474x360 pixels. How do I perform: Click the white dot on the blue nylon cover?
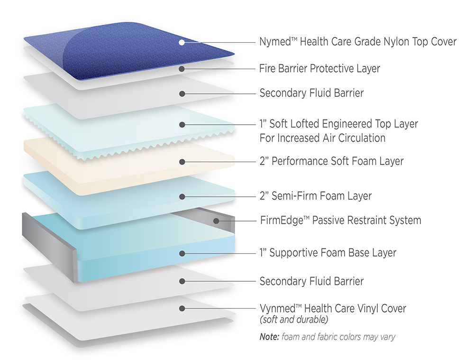[182, 42]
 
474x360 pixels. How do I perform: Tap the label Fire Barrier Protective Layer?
[319, 68]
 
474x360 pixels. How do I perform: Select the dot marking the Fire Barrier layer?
[182, 69]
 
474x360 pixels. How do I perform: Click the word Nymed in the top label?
[275, 41]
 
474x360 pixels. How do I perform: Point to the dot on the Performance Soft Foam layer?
[182, 162]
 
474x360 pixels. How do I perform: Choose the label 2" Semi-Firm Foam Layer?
[316, 196]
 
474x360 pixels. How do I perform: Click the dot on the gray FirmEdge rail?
[216, 221]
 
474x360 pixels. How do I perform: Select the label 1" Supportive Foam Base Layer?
[328, 253]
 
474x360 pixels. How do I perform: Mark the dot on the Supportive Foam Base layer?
[182, 253]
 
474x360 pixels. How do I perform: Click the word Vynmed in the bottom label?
[277, 308]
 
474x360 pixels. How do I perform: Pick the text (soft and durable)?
[294, 320]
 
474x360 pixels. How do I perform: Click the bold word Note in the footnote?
[269, 337]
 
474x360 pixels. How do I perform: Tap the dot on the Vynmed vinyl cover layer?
[182, 309]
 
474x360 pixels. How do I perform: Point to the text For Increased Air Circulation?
[322, 138]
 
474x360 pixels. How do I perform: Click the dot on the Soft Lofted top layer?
[182, 125]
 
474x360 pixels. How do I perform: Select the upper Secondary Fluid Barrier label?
[312, 93]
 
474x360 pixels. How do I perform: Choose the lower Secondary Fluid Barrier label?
[312, 281]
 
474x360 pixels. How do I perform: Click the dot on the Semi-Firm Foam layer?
[182, 197]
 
